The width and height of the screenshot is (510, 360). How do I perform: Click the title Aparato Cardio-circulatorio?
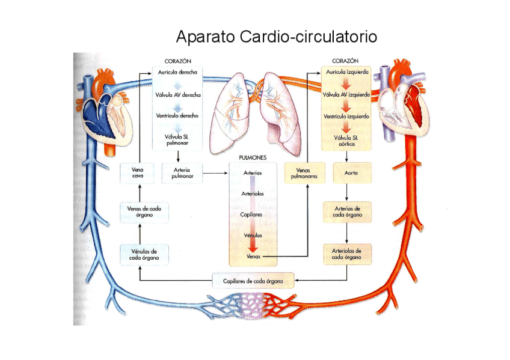point(276,37)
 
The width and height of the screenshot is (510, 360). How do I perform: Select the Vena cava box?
point(138,173)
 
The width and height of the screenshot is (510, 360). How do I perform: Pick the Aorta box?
point(348,173)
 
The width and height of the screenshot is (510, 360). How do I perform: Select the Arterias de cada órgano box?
point(347,211)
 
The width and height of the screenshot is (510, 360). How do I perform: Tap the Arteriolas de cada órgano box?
point(347,254)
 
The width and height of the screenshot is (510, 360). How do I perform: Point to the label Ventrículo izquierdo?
point(346,116)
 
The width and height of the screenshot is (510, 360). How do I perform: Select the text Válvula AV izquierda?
point(346,94)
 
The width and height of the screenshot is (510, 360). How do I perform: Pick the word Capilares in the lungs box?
point(253,214)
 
